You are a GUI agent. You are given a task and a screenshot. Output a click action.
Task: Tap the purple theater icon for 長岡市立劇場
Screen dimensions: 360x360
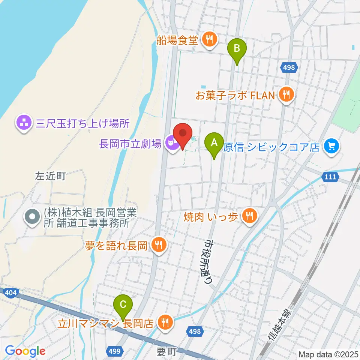(x=172, y=143)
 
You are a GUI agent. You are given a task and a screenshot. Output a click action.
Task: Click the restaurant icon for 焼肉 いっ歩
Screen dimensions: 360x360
(x=248, y=216)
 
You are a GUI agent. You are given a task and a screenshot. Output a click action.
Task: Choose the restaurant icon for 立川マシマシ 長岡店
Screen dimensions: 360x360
(x=165, y=322)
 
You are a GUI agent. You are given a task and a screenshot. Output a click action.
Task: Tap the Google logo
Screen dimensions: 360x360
(x=25, y=351)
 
